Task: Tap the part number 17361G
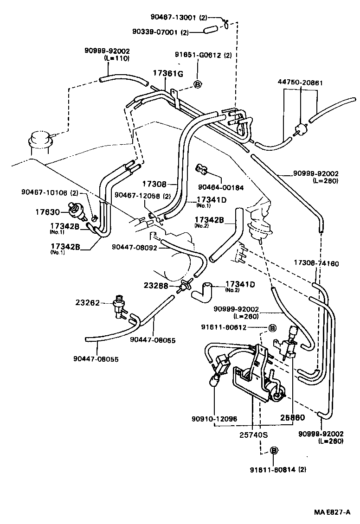point(168,73)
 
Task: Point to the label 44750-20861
point(301,83)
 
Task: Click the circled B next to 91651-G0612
point(197,84)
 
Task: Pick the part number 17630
point(48,212)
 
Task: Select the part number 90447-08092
point(135,247)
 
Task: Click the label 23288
point(156,286)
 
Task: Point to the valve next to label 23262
point(119,306)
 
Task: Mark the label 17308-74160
point(316,263)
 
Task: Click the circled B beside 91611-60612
point(273,328)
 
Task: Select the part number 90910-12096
point(213,418)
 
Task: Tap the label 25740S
point(253,435)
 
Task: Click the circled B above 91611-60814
point(274,450)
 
